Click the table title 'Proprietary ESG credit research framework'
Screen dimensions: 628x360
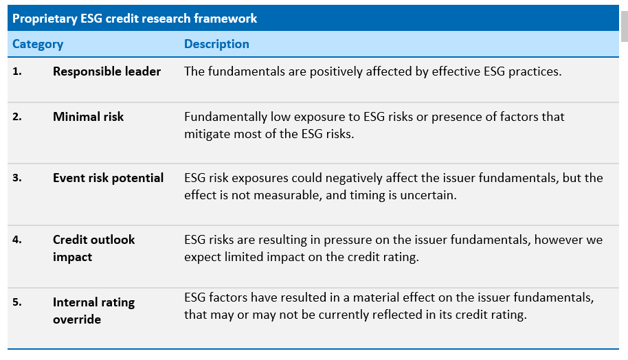[x=135, y=19]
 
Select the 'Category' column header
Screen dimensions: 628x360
[x=38, y=44]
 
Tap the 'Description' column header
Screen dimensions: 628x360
[x=216, y=44]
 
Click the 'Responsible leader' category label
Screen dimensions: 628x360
[x=106, y=71]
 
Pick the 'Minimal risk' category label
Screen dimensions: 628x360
[x=88, y=117]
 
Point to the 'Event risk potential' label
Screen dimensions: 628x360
[x=108, y=178]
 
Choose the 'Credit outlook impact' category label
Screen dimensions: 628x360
[x=93, y=248]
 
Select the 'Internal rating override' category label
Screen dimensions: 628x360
[x=93, y=311]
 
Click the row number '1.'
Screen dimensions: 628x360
[x=16, y=71]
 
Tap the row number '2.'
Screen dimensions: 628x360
[x=16, y=117]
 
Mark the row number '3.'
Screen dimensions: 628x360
[x=16, y=178]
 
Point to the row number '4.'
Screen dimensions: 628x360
[x=16, y=240]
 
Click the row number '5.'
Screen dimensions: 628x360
[x=16, y=302]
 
